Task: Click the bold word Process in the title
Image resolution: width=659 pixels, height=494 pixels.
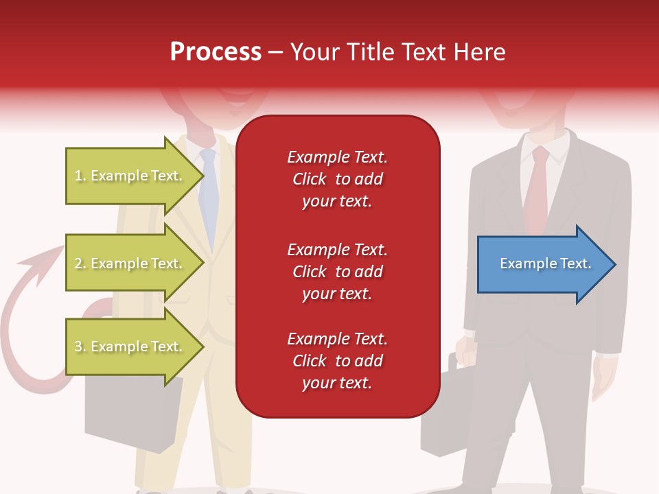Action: [216, 51]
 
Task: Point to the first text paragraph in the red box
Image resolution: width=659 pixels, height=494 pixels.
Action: [337, 179]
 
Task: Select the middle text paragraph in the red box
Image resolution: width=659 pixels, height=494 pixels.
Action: [337, 272]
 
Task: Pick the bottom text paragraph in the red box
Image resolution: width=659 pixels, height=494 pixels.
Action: [337, 361]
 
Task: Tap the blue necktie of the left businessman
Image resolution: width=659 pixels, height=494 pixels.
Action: [209, 192]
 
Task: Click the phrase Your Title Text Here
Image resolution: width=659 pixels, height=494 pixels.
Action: [397, 51]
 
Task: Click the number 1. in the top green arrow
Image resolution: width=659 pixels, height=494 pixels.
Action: [80, 176]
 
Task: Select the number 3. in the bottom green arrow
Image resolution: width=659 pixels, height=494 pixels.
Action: [80, 346]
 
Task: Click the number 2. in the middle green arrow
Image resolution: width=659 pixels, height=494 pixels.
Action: [80, 263]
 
